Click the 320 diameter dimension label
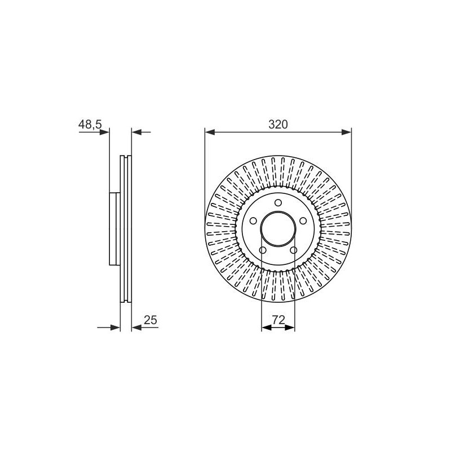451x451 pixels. (278, 125)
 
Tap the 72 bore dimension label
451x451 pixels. (278, 320)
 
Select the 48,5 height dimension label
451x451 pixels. (90, 125)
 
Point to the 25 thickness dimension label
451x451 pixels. (151, 320)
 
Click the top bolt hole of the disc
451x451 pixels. (278, 203)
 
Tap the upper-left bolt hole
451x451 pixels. (253, 221)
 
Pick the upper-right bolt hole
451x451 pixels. (303, 221)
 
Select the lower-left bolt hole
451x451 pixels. (263, 250)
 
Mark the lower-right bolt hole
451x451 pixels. (293, 250)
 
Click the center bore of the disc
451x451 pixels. (278, 229)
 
